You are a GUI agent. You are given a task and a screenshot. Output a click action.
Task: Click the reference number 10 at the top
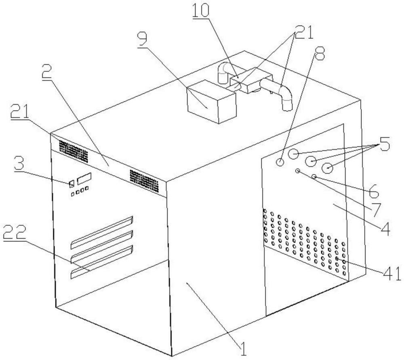[201, 10]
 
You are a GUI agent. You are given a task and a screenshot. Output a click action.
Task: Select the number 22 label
[15, 232]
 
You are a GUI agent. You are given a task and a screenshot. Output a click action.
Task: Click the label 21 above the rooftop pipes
[304, 32]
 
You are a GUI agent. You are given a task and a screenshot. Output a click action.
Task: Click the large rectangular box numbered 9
[211, 102]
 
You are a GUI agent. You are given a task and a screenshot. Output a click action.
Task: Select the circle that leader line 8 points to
[280, 162]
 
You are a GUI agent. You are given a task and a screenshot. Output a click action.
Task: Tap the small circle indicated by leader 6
[314, 176]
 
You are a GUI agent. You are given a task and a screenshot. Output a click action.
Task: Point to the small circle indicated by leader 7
[298, 171]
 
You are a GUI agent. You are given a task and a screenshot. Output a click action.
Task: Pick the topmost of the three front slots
[102, 233]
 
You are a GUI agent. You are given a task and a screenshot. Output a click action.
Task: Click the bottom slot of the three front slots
[102, 262]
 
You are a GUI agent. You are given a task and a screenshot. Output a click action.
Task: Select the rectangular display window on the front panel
[84, 178]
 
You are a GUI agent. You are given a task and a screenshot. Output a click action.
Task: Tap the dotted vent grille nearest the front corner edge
[144, 181]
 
